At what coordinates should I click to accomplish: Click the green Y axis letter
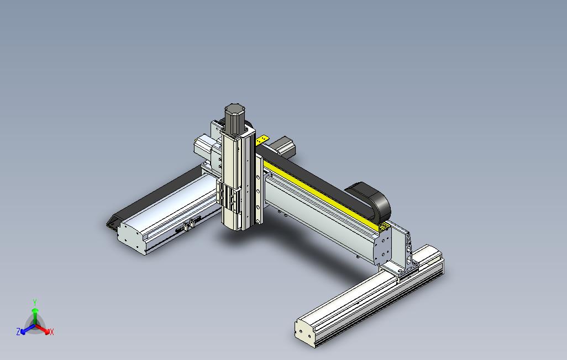pyautogui.click(x=35, y=302)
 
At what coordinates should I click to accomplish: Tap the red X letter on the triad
pyautogui.click(x=52, y=332)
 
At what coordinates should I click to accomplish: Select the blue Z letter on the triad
pyautogui.click(x=18, y=331)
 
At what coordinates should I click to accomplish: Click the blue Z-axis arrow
pyautogui.click(x=28, y=329)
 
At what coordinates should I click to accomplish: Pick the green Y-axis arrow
pyautogui.click(x=35, y=317)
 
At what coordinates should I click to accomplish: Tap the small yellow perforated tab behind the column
pyautogui.click(x=262, y=140)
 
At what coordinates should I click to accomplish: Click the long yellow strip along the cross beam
pyautogui.click(x=322, y=195)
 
